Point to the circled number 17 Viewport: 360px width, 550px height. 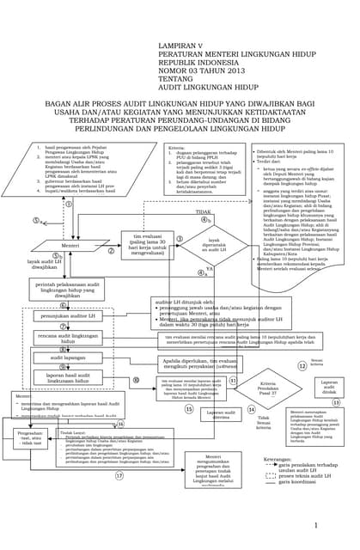(x=119, y=474)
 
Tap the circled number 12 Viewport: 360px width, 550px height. (x=302, y=364)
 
